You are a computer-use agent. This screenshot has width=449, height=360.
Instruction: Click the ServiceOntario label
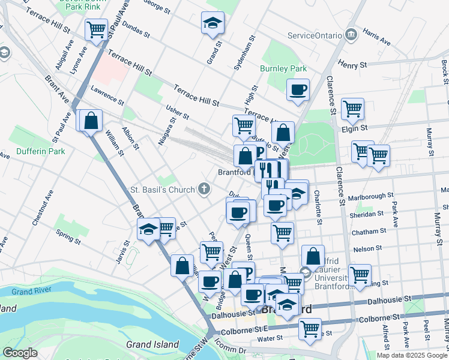pos(315,35)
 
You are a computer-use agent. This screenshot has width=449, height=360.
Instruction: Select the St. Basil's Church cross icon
pos(204,190)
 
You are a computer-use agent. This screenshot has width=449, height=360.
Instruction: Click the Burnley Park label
pos(283,68)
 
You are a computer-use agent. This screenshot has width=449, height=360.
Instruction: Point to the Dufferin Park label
pos(41,151)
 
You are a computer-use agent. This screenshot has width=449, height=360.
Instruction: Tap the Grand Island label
pos(152,344)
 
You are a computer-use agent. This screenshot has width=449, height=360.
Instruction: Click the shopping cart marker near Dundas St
pos(96,29)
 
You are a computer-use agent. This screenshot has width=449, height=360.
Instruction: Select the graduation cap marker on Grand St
pos(212,23)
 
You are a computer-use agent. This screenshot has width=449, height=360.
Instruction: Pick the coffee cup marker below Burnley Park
pos(298,90)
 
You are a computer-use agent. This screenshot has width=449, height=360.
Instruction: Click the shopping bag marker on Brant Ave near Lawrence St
pos(91,121)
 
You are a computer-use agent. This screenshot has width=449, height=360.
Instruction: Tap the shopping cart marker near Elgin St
pos(352,109)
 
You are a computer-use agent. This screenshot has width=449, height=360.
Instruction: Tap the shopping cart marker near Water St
pos(310,328)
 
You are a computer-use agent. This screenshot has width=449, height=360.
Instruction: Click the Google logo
pos(20,353)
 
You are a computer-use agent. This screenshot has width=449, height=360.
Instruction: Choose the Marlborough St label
pos(372,195)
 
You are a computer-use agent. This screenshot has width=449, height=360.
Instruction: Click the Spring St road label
pos(67,236)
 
